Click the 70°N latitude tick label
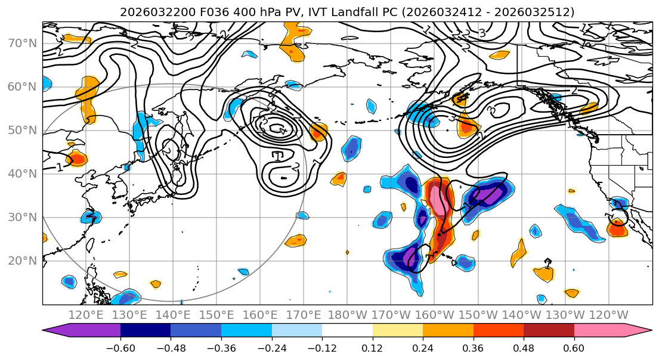click(22, 43)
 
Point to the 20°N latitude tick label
click(22, 260)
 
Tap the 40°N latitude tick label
click(22, 173)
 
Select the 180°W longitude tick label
click(348, 315)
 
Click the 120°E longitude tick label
click(86, 315)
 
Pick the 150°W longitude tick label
click(478, 315)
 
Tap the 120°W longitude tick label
click(609, 315)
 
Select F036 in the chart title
click(194, 12)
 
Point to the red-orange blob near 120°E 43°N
click(78, 159)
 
